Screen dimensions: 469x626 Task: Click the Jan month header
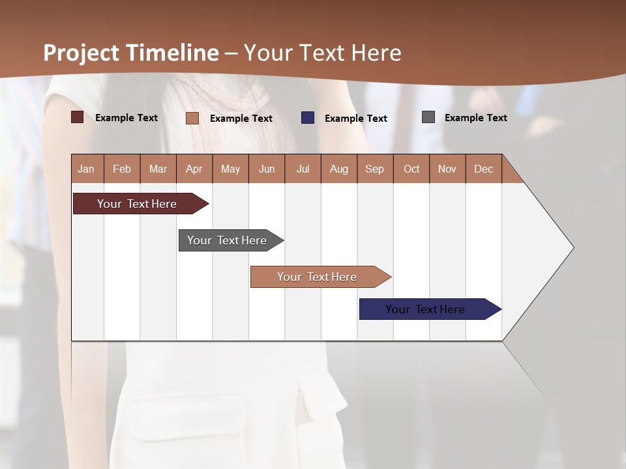86,169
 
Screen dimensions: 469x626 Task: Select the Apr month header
194,169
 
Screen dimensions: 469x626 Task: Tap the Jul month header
303,169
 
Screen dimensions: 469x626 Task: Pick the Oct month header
411,169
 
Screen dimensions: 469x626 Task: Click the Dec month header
483,169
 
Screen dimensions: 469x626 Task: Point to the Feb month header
122,169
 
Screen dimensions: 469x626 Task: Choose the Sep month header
374,169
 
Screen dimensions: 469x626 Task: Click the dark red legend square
78,117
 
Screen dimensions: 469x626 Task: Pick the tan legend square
192,118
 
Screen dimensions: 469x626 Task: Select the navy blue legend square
308,118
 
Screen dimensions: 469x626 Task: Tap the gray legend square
428,117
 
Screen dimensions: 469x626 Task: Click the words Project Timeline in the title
131,53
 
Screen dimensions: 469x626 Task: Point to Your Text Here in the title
323,53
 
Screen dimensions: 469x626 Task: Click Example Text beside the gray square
475,118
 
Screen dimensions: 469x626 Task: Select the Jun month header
267,169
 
